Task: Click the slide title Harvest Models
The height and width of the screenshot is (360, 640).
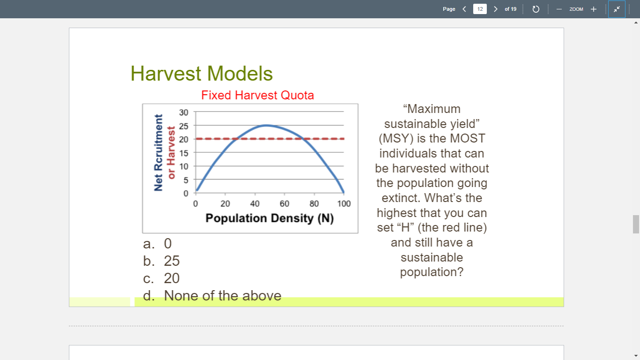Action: [201, 74]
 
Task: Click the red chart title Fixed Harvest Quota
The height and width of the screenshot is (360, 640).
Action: [257, 96]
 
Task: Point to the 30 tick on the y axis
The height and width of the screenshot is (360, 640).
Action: [183, 112]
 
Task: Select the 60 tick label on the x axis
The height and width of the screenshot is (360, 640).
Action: [284, 204]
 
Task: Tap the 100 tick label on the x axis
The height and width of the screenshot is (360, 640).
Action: [343, 204]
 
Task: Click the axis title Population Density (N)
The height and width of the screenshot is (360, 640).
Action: [269, 218]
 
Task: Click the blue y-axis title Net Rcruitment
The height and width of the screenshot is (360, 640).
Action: [159, 153]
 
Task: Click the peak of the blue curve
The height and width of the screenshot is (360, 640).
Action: [266, 125]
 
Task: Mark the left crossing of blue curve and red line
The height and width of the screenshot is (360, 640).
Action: [236, 139]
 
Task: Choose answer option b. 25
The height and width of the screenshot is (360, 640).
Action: [162, 261]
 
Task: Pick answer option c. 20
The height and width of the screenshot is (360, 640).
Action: [162, 278]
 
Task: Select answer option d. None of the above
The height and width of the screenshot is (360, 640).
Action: [213, 296]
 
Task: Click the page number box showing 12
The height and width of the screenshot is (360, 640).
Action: [479, 9]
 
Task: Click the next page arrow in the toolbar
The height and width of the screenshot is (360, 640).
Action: [495, 9]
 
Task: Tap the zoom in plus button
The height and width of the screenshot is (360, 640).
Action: [593, 9]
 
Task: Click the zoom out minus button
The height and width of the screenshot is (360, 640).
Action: [559, 9]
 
